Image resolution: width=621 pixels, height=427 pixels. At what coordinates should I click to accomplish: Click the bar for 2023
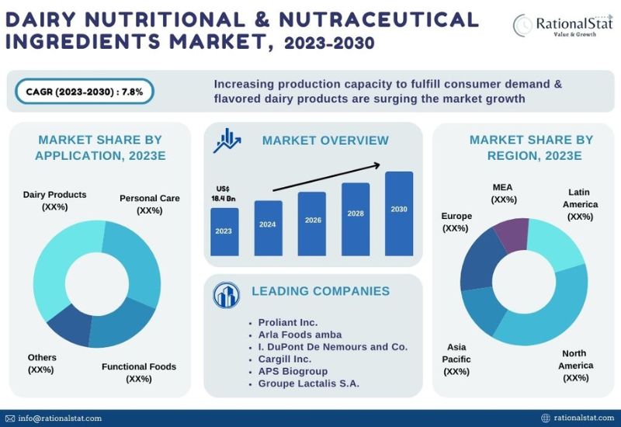pos(224,231)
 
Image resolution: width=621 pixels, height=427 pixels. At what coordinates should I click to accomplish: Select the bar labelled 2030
pos(399,213)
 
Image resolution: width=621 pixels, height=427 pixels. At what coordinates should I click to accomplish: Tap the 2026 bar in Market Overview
pos(312,224)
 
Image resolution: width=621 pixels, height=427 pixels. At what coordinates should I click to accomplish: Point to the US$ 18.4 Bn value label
pos(223,193)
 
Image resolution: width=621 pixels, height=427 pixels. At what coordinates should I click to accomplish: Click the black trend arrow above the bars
pos(327,178)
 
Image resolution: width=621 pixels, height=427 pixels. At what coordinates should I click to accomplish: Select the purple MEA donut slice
pos(512,234)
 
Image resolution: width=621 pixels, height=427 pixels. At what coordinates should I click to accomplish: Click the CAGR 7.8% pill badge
pos(85,92)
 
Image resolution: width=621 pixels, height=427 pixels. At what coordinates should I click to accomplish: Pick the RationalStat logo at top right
pos(563,25)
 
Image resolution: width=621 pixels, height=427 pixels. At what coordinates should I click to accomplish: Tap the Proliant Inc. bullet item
pos(287,322)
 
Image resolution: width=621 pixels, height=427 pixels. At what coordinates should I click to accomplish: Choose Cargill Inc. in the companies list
pos(285,359)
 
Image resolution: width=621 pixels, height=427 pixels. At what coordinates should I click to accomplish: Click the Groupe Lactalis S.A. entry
pos(308,384)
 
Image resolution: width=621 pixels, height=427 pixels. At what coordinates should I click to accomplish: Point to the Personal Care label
pos(150,204)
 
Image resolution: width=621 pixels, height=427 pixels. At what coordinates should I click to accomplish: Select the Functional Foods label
pos(139,373)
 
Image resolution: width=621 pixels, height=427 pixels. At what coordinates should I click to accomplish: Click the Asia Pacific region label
pos(456,359)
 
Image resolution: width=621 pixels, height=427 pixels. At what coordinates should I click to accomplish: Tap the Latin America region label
pos(580,204)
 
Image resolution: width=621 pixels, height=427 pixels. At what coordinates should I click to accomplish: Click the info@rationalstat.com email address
pos(60,418)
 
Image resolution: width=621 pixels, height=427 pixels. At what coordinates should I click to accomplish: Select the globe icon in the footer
pos(546,418)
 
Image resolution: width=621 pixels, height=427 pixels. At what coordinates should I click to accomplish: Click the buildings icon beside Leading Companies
pos(226,295)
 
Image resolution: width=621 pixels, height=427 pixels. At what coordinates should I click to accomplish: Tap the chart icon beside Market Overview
pos(227,141)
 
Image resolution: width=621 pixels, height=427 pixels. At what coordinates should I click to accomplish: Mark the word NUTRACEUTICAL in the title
pos(379,20)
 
